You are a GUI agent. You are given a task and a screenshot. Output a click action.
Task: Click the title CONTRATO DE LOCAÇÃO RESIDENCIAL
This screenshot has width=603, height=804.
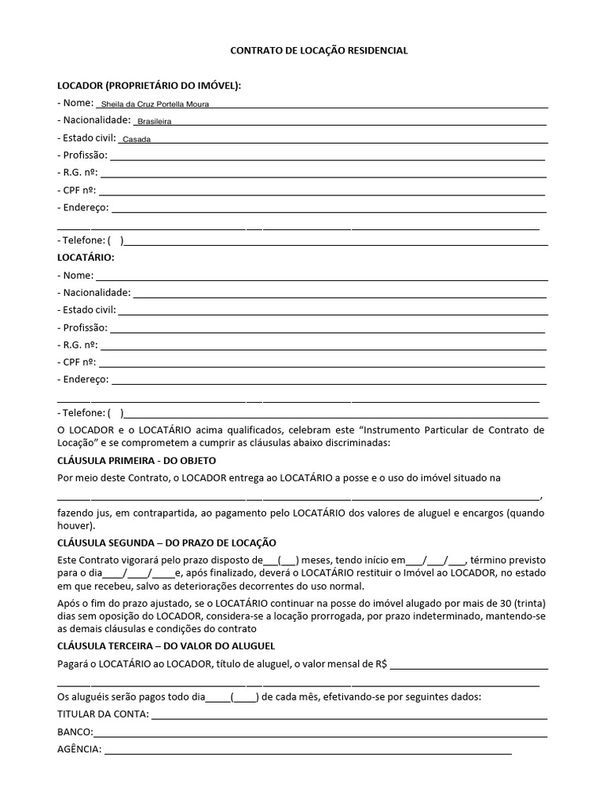(318, 50)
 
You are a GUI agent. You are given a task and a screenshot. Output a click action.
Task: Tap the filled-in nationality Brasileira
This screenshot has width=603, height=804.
(155, 122)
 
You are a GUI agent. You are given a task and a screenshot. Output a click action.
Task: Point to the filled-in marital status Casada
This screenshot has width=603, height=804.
(137, 140)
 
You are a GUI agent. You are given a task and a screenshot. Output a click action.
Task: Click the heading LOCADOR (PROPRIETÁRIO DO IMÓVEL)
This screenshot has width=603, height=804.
(149, 85)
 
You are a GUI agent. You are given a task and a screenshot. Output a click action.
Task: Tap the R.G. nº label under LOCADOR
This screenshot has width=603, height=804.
(78, 172)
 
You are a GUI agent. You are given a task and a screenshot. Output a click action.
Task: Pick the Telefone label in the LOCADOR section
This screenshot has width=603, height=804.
(82, 240)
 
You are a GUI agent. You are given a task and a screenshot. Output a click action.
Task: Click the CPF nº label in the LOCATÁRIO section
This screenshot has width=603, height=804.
(77, 362)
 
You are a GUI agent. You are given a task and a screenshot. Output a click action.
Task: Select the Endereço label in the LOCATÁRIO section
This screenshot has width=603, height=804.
(83, 379)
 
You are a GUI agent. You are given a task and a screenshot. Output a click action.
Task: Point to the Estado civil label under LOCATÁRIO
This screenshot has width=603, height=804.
(86, 310)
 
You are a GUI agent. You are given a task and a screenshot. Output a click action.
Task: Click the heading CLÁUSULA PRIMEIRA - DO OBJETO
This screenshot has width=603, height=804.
(137, 460)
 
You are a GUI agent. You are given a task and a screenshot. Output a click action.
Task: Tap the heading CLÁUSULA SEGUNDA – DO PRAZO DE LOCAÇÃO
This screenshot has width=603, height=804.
(166, 543)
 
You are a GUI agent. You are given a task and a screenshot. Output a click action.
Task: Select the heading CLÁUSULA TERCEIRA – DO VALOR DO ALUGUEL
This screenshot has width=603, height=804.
(166, 645)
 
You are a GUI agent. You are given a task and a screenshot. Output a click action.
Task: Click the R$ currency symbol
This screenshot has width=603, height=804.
(382, 663)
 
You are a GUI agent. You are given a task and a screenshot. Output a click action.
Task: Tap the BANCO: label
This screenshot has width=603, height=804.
(75, 732)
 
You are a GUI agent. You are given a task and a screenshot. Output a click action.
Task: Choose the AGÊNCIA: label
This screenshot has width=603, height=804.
(79, 750)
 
